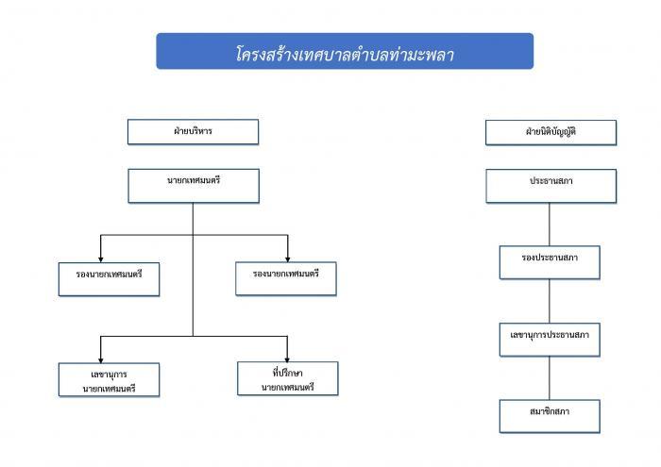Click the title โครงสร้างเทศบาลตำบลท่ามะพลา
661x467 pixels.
tap(345, 55)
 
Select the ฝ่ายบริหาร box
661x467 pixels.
tap(193, 132)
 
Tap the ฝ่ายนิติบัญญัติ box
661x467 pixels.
tap(551, 133)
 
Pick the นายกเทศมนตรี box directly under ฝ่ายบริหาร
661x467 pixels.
tap(194, 186)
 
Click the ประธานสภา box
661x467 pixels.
tap(551, 186)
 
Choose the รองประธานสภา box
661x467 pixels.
tap(550, 262)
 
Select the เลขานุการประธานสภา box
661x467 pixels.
tap(550, 340)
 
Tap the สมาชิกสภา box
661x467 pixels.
tap(550, 416)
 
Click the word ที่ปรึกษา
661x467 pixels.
tap(287, 373)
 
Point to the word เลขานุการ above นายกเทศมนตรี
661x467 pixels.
tap(109, 375)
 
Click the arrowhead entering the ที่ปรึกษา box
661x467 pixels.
tap(287, 359)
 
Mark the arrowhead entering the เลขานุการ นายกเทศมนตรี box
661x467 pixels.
tap(101, 360)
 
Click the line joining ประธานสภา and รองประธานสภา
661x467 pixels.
tap(550, 225)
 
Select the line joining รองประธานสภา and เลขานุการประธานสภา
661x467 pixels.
tap(550, 301)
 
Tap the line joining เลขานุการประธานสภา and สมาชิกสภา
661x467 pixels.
tap(550, 378)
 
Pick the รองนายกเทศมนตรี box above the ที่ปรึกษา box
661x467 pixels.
tap(286, 278)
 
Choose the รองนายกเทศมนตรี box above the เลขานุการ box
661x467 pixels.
tap(110, 279)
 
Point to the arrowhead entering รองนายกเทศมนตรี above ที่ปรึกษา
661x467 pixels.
tap(287, 259)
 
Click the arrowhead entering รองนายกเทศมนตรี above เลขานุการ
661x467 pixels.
tap(101, 259)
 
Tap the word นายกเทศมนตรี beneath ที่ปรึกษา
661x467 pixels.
tap(287, 387)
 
